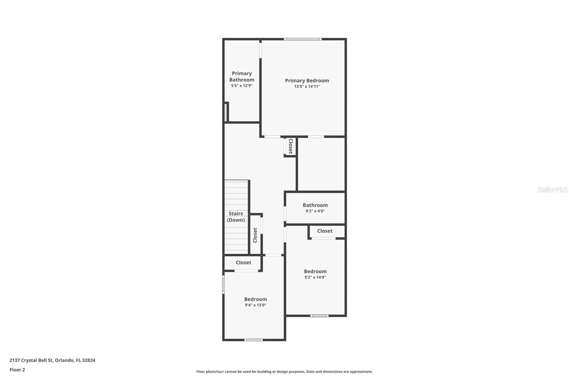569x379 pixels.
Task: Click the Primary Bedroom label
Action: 307,81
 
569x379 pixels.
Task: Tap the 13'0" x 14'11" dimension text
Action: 307,86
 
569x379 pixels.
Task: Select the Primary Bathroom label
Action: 242,76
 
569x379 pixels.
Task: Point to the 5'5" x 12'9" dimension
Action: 242,86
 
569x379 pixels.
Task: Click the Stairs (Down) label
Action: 236,217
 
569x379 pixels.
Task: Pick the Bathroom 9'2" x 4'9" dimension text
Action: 315,211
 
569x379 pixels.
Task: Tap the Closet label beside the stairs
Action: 255,235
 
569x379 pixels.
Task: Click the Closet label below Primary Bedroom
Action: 291,146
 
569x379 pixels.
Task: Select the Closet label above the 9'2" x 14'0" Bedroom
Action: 325,231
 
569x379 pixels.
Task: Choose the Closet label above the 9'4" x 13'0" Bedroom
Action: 243,262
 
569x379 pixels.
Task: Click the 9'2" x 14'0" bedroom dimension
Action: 315,277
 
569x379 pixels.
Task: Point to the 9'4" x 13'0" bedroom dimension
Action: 255,305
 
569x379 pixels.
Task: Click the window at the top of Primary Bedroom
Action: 303,39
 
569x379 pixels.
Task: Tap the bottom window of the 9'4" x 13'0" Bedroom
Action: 254,340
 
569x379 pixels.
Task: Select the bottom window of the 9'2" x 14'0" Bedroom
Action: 319,316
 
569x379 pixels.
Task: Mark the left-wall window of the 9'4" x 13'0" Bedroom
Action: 223,284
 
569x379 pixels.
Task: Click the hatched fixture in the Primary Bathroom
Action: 225,112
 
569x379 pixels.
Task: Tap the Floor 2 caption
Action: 17,370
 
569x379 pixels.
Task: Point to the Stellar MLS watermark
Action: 552,189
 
